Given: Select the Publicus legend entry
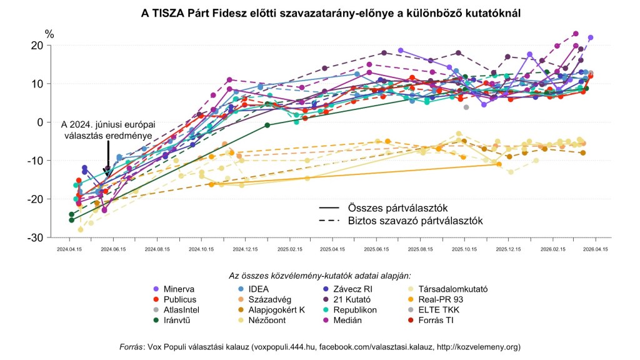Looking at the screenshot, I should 178,299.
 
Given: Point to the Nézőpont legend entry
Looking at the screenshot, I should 275,321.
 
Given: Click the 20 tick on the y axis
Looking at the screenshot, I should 36,46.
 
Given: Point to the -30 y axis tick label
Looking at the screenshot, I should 34,237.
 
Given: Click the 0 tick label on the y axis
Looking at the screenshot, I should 39,122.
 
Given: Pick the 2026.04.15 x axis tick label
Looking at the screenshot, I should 596,249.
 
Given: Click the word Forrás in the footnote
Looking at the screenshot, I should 131,346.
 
